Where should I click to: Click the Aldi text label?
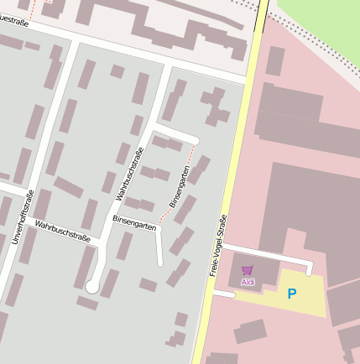tap(248, 283)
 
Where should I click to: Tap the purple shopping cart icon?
tap(248, 271)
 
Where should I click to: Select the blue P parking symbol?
tap(292, 294)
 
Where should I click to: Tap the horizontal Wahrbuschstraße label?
tap(63, 231)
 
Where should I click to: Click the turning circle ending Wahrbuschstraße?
tap(91, 287)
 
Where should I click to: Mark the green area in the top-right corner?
tap(323, 25)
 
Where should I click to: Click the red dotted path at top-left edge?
tap(33, 9)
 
